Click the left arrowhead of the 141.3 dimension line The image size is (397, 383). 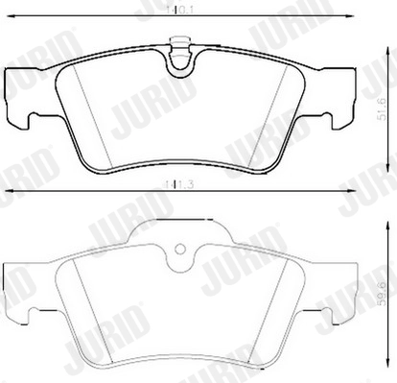click(5, 193)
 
